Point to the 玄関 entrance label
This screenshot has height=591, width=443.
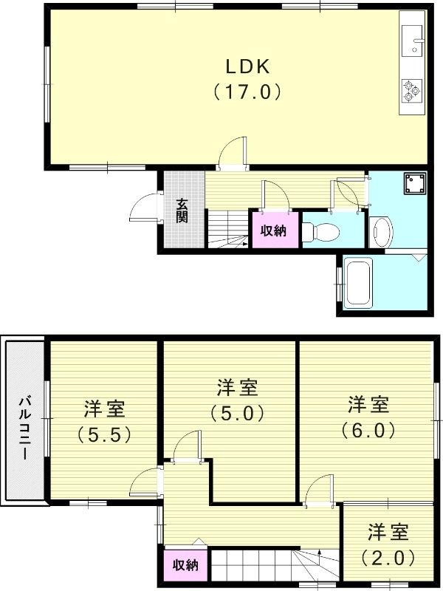182,211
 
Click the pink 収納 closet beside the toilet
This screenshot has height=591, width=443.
274,230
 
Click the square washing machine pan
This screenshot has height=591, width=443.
413,183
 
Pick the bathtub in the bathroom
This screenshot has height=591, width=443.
360,282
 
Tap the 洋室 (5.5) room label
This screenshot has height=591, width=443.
104,421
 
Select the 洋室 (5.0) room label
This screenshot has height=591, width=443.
237,400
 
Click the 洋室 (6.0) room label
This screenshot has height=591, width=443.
368,417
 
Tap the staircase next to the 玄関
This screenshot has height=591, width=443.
227,228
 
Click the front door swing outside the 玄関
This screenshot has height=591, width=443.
145,208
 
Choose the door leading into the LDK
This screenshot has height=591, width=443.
234,153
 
